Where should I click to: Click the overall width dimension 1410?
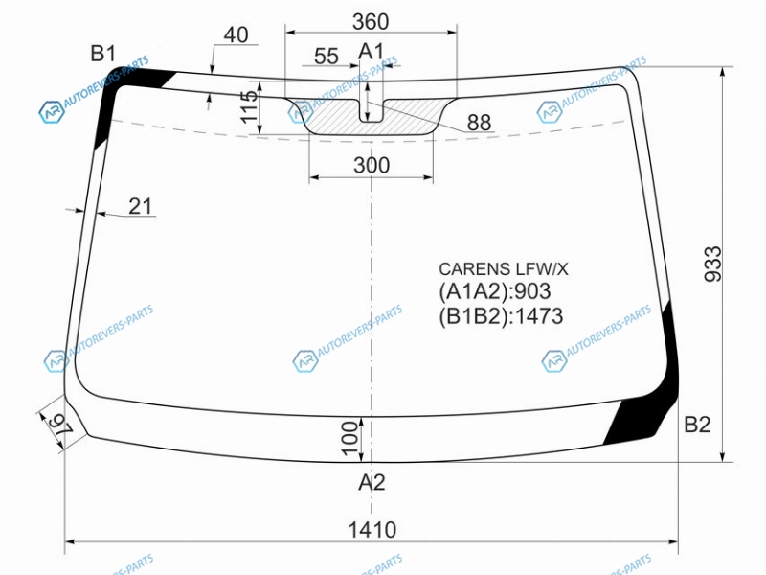pos(372,530)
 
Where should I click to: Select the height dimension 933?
pos(712,264)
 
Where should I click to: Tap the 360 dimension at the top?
pos(371,21)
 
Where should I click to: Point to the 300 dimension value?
pos(372,165)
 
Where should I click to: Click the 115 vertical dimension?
pos(250,106)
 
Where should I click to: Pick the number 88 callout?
pos(479,123)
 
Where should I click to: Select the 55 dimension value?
pos(327,57)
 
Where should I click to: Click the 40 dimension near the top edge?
pos(236,34)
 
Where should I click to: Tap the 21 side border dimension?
pos(140,206)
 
